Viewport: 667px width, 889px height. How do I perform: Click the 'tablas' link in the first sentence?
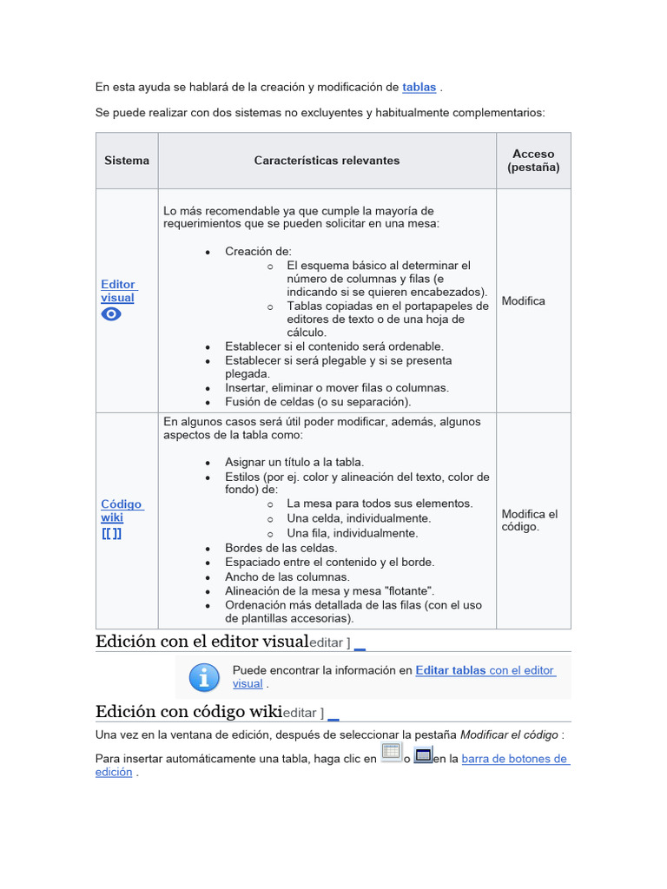point(419,88)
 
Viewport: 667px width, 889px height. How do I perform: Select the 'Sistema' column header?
point(127,161)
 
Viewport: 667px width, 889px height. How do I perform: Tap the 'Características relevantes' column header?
point(327,161)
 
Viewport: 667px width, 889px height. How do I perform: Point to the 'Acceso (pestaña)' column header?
point(533,161)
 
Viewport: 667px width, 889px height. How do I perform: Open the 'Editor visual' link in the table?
point(118,291)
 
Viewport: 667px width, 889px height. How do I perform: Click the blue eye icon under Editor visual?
point(111,314)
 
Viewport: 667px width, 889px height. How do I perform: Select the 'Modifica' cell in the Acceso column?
point(524,301)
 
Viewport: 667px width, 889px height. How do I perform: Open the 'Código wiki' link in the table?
point(121,510)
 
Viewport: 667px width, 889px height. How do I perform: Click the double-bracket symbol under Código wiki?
point(111,534)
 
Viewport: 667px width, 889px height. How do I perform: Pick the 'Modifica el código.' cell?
point(530,520)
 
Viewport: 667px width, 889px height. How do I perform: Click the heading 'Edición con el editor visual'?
point(202,642)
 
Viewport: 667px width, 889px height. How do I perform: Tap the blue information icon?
point(204,677)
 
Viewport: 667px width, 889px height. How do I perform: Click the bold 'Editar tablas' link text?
point(451,670)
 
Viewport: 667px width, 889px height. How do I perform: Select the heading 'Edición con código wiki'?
point(188,712)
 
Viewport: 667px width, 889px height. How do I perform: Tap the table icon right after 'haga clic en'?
point(391,753)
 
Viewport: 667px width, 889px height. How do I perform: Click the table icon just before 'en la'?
point(423,754)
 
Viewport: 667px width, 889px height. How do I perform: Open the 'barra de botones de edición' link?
point(514,759)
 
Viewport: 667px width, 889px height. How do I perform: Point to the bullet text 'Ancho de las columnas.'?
point(287,576)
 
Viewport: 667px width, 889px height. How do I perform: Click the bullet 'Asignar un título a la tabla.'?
point(294,462)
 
